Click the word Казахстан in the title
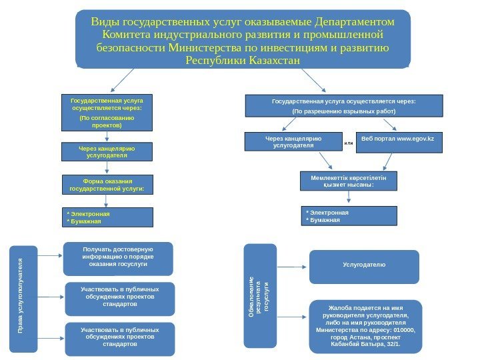(273, 61)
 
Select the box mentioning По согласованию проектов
(107, 113)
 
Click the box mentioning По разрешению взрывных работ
(344, 106)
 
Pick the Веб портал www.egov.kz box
(399, 142)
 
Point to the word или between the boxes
(348, 143)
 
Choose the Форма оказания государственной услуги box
(107, 185)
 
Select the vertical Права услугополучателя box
(23, 298)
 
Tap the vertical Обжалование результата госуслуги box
(260, 295)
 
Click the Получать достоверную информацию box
(118, 258)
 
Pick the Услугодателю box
(364, 266)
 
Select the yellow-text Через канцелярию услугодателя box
(107, 152)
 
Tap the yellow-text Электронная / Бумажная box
(107, 217)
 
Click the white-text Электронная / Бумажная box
(349, 216)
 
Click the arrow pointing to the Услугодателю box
(292, 266)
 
